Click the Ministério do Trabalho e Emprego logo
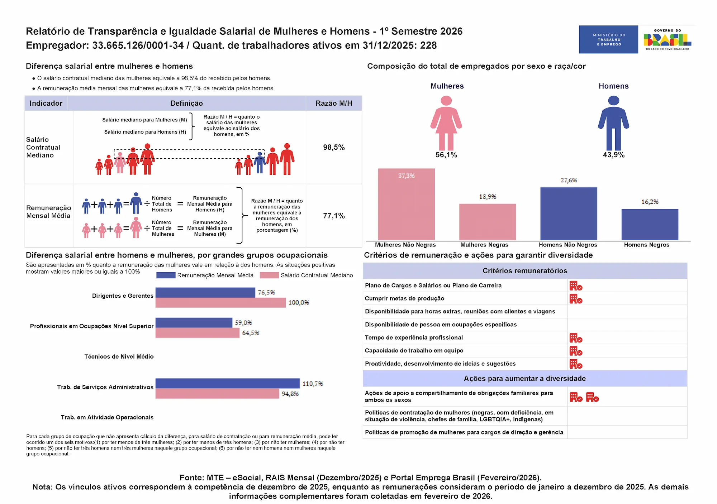click(x=608, y=39)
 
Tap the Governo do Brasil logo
click(x=667, y=39)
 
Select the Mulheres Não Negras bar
click(x=406, y=204)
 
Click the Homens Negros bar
click(x=650, y=224)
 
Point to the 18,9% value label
click(x=488, y=197)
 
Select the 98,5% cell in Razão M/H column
click(x=334, y=147)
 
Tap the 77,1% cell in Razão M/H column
click(x=334, y=216)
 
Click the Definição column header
click(x=186, y=103)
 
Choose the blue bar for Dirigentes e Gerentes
click(x=205, y=293)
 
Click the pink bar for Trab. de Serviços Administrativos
click(x=217, y=394)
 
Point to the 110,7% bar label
click(x=313, y=384)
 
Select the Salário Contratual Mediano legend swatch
click(x=269, y=275)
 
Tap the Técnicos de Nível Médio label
click(x=119, y=356)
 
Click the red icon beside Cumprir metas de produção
click(x=576, y=299)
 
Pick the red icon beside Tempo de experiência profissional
click(x=576, y=338)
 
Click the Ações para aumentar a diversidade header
click(x=524, y=378)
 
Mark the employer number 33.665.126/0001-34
click(x=138, y=45)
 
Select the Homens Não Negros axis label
click(x=568, y=245)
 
